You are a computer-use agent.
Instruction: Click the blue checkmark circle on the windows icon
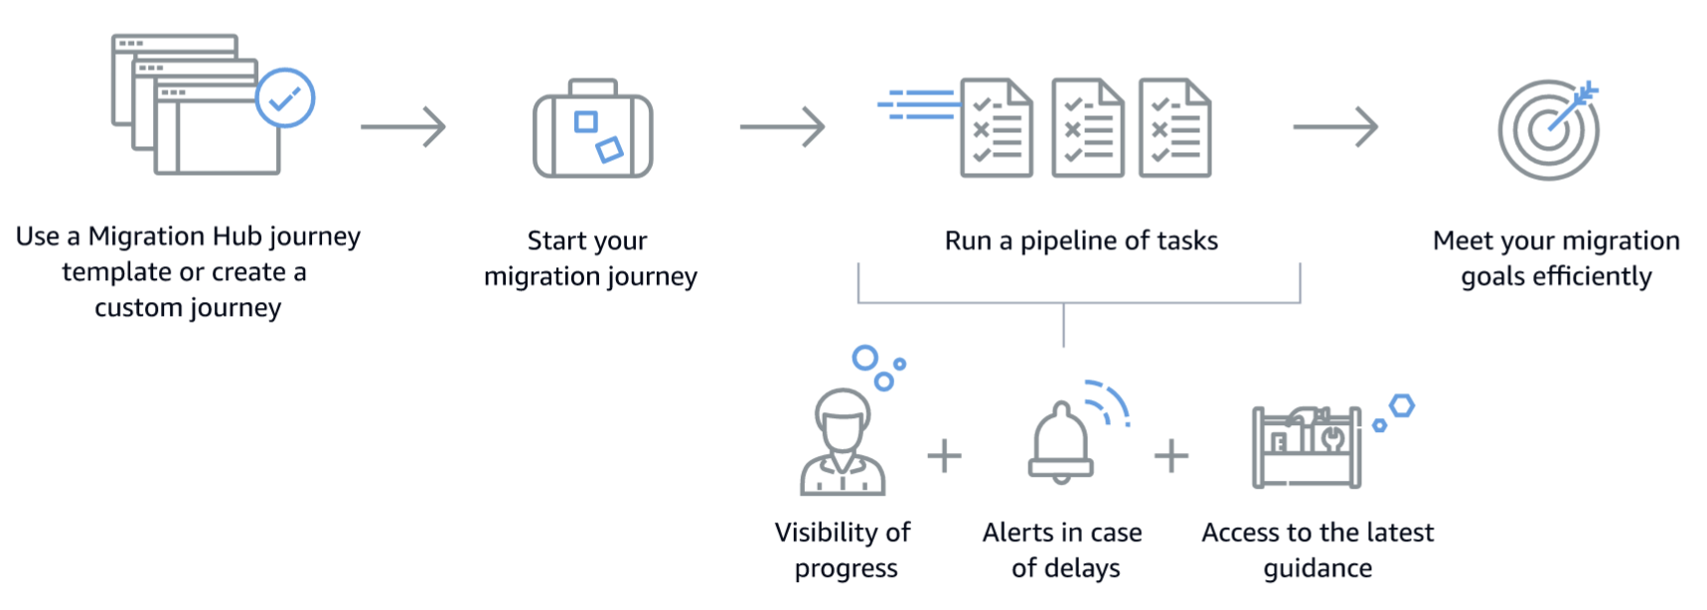pyautogui.click(x=285, y=97)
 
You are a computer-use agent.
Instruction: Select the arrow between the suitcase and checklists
pyautogui.click(x=782, y=127)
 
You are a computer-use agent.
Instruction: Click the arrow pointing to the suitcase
pyautogui.click(x=402, y=127)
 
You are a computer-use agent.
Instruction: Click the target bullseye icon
pyautogui.click(x=1547, y=130)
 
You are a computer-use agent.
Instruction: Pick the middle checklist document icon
pyautogui.click(x=1088, y=128)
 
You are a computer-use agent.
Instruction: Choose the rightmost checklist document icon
pyautogui.click(x=1174, y=128)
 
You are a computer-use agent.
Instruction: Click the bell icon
pyautogui.click(x=1061, y=444)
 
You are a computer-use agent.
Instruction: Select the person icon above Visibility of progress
pyautogui.click(x=843, y=443)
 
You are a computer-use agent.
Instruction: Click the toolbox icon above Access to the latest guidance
pyautogui.click(x=1306, y=447)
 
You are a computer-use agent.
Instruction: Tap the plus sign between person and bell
pyautogui.click(x=944, y=456)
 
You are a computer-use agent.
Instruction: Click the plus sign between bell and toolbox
pyautogui.click(x=1171, y=456)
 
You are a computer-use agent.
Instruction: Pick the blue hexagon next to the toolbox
pyautogui.click(x=1401, y=405)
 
